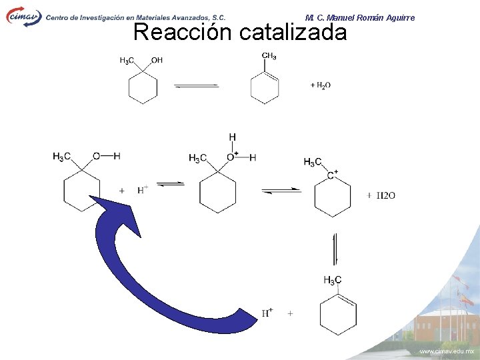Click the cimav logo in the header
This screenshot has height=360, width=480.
24,16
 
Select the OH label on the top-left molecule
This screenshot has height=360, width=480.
157,61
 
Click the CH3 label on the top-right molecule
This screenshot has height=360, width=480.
269,56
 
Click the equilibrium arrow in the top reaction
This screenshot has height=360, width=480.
196,85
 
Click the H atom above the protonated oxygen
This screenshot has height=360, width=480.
232,137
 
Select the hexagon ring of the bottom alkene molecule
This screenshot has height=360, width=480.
337,313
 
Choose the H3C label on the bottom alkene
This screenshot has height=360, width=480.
332,280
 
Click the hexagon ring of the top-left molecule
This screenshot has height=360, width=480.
143,89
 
